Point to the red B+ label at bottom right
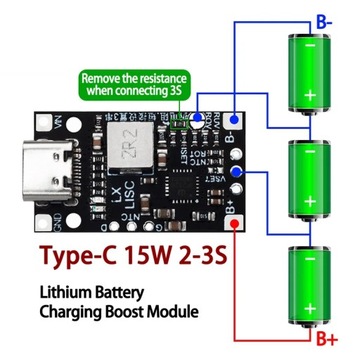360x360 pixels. tap(325, 340)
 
